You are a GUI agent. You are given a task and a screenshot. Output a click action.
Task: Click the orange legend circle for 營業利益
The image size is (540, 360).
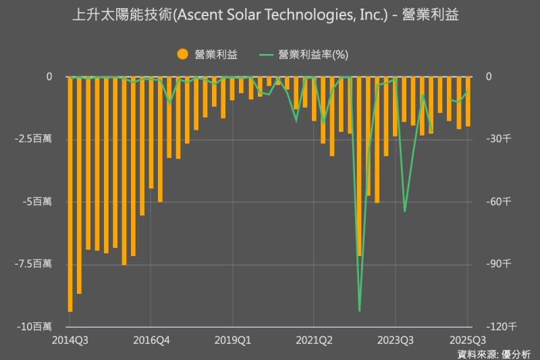(182, 55)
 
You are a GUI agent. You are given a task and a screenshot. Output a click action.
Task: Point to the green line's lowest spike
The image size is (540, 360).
(359, 311)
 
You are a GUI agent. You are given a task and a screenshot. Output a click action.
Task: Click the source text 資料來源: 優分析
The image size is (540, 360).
(493, 353)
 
